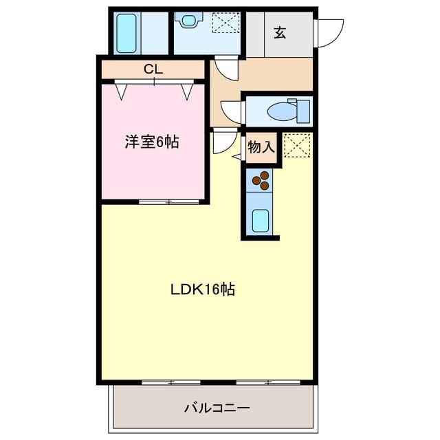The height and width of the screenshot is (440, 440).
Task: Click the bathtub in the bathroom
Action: (x=126, y=34)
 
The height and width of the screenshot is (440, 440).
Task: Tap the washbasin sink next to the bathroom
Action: (x=188, y=20)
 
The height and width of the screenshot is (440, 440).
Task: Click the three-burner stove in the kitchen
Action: (x=261, y=180)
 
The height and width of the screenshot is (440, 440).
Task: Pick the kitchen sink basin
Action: (x=261, y=221)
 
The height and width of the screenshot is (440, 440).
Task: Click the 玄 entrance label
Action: (x=280, y=33)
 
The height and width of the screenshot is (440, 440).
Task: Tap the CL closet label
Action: (x=153, y=69)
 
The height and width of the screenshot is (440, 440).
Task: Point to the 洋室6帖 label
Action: (x=152, y=142)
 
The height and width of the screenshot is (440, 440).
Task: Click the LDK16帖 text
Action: (x=203, y=289)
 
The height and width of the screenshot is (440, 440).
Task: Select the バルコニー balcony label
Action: (x=217, y=408)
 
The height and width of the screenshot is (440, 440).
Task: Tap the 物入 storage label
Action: (x=261, y=147)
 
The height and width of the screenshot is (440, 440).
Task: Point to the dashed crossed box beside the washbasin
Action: (x=226, y=22)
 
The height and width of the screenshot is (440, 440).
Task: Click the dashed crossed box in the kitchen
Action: (x=297, y=145)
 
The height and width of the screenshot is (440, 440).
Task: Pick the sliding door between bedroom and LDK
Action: (x=169, y=201)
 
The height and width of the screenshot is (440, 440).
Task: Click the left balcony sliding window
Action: (x=171, y=382)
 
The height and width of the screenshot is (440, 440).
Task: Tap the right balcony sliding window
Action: (x=268, y=382)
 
